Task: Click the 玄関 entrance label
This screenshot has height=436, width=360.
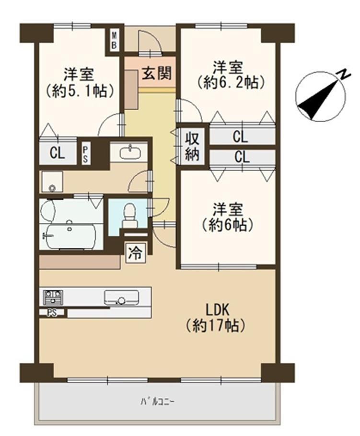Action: pyautogui.click(x=157, y=73)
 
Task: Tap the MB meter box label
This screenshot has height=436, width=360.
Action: pyautogui.click(x=114, y=41)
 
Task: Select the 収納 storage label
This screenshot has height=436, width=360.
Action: pyautogui.click(x=192, y=146)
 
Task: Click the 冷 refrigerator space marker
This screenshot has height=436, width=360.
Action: pyautogui.click(x=136, y=252)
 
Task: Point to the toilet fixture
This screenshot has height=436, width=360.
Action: pyautogui.click(x=128, y=216)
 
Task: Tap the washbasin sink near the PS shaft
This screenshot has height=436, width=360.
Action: pyautogui.click(x=130, y=152)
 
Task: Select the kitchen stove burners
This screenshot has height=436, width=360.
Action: pyautogui.click(x=53, y=298)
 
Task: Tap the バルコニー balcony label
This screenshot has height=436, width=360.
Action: pyautogui.click(x=157, y=402)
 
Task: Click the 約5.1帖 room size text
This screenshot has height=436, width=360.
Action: pyautogui.click(x=80, y=91)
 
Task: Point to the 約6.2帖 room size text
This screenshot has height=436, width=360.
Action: pyautogui.click(x=231, y=82)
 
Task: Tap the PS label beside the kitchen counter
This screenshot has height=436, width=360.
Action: pyautogui.click(x=52, y=313)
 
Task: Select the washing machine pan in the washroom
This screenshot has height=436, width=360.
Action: pyautogui.click(x=52, y=182)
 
